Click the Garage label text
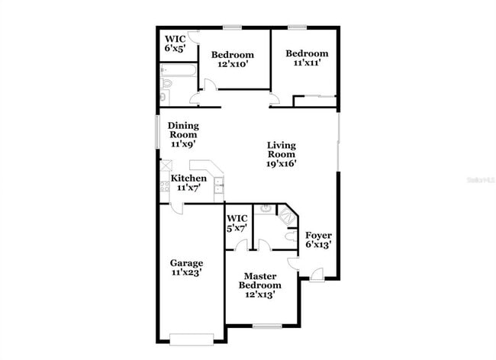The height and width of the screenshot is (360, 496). tap(186, 267)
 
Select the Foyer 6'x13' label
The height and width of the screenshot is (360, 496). tap(317, 239)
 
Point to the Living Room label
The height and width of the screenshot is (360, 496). tap(281, 153)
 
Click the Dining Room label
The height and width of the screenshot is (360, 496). tap(182, 134)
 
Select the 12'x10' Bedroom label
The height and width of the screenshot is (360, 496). tap(233, 59)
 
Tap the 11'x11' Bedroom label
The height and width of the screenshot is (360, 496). tap(307, 58)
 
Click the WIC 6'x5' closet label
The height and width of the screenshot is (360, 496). tap(175, 43)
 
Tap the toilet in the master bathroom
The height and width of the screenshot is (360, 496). tap(288, 237)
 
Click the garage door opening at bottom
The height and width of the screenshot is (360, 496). tap(192, 339)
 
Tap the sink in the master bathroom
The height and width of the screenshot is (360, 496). tap(266, 209)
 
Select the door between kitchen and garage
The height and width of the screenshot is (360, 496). tap(177, 207)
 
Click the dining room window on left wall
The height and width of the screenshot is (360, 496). tap(158, 133)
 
